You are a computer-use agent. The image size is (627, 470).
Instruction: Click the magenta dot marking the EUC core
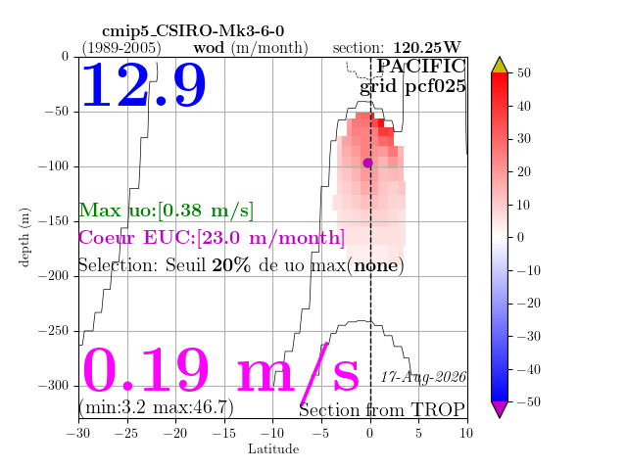[x=368, y=163]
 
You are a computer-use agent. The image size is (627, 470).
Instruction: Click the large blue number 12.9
[x=144, y=85]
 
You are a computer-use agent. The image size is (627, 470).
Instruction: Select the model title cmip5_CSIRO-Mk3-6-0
[x=193, y=31]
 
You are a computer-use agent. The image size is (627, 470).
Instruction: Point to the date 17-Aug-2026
[x=423, y=377]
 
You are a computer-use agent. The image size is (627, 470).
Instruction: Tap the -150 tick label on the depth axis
[x=54, y=221]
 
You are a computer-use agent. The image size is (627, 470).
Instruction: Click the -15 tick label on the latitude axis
[x=223, y=433]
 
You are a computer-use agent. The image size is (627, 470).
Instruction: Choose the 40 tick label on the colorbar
[x=524, y=106]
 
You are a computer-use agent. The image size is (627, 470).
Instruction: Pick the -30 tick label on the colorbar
[x=528, y=336]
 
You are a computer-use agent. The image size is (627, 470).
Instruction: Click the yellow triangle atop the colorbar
[x=500, y=65]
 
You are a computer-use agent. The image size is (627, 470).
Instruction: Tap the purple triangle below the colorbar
[x=500, y=409]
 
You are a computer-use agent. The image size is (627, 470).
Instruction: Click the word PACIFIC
[x=421, y=67]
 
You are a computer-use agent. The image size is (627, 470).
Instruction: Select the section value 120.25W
[x=427, y=48]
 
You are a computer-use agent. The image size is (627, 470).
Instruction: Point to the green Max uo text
[x=166, y=211]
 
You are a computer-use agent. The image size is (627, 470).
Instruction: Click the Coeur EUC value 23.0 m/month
[x=270, y=238]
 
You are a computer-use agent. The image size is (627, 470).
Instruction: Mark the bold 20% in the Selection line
[x=231, y=265]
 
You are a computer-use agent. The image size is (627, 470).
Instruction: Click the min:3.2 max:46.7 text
[x=157, y=407]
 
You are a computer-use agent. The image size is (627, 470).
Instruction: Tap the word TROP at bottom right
[x=438, y=410]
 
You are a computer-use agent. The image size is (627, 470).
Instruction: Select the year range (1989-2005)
[x=121, y=48]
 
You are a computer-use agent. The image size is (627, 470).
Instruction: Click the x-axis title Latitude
[x=273, y=449]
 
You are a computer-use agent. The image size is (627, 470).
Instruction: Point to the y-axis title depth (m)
[x=24, y=237]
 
